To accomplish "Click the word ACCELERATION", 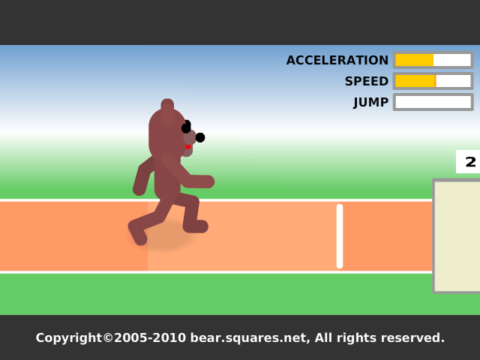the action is click(337, 60).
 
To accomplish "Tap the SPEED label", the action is click(367, 81).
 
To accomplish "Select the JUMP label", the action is click(370, 102).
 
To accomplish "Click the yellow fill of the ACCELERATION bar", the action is click(415, 60).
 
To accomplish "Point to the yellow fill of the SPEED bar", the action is click(415, 81).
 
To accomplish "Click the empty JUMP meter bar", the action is click(433, 102).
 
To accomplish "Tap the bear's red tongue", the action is click(188, 147).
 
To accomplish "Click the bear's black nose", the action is click(200, 137).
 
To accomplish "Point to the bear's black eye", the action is click(186, 127).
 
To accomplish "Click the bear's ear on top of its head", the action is click(167, 111).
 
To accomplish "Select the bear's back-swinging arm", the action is click(142, 176).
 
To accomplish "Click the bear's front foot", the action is click(196, 226).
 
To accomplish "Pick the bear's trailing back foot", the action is click(137, 233).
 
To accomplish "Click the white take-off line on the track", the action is click(340, 236).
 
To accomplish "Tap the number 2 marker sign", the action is click(468, 162).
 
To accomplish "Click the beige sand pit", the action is click(457, 236).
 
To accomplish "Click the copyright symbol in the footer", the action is click(108, 337).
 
